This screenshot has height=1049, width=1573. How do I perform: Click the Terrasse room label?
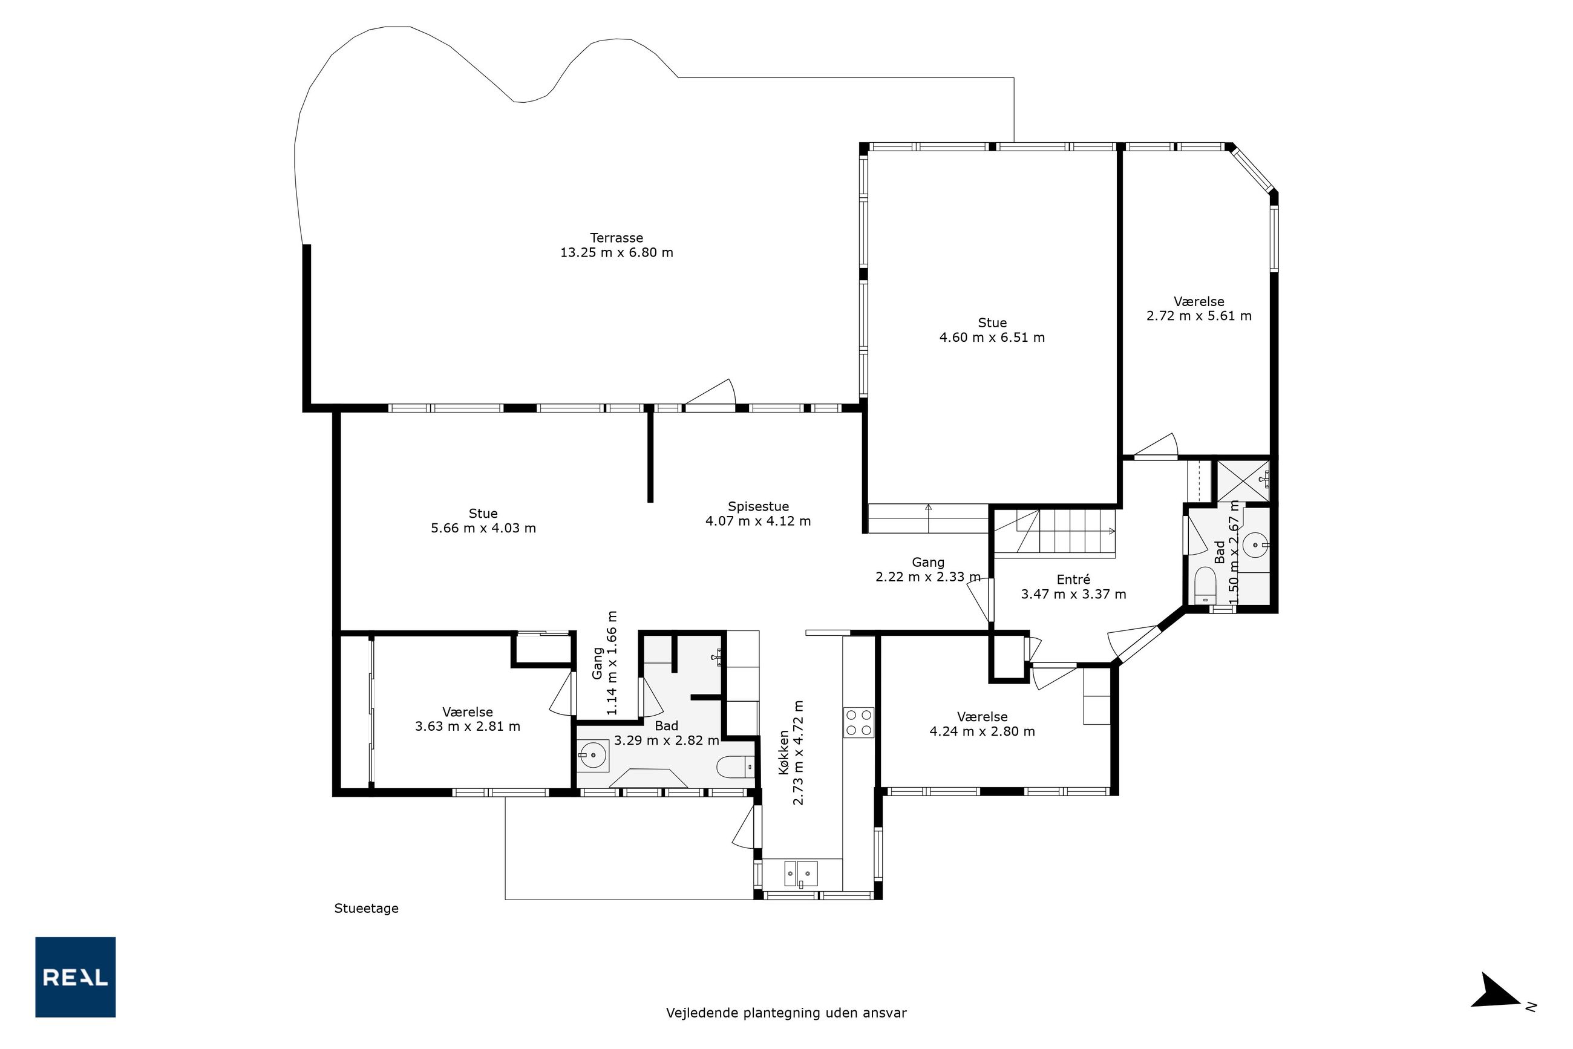616,238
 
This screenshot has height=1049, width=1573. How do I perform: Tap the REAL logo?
76,977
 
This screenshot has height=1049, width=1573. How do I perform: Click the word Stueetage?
367,909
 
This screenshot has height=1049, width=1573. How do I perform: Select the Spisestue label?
758,506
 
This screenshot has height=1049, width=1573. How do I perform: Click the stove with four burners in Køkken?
859,722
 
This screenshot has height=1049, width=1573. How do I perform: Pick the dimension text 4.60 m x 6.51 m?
992,337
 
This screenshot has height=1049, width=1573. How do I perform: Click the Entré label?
1073,580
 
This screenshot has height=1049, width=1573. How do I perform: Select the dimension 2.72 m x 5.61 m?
1199,316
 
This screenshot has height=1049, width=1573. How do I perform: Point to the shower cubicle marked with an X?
1243,480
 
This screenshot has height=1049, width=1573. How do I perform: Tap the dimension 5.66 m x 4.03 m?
483,528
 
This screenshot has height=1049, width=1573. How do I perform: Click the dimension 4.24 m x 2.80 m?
981,731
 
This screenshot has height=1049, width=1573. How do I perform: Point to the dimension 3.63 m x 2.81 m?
467,726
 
